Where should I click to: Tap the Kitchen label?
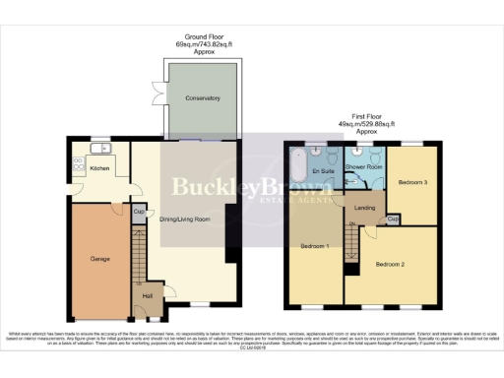click(x=100, y=168)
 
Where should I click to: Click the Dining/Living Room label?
click(x=185, y=219)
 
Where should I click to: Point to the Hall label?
click(x=148, y=295)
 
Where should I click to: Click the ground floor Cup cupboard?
click(x=139, y=211)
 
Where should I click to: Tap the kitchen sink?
click(x=100, y=149)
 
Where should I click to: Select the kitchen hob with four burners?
click(x=79, y=162)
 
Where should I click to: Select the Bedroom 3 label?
click(x=412, y=182)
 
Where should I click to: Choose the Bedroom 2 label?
click(x=389, y=264)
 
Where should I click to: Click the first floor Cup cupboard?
click(x=393, y=219)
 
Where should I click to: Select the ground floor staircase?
click(x=139, y=261)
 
